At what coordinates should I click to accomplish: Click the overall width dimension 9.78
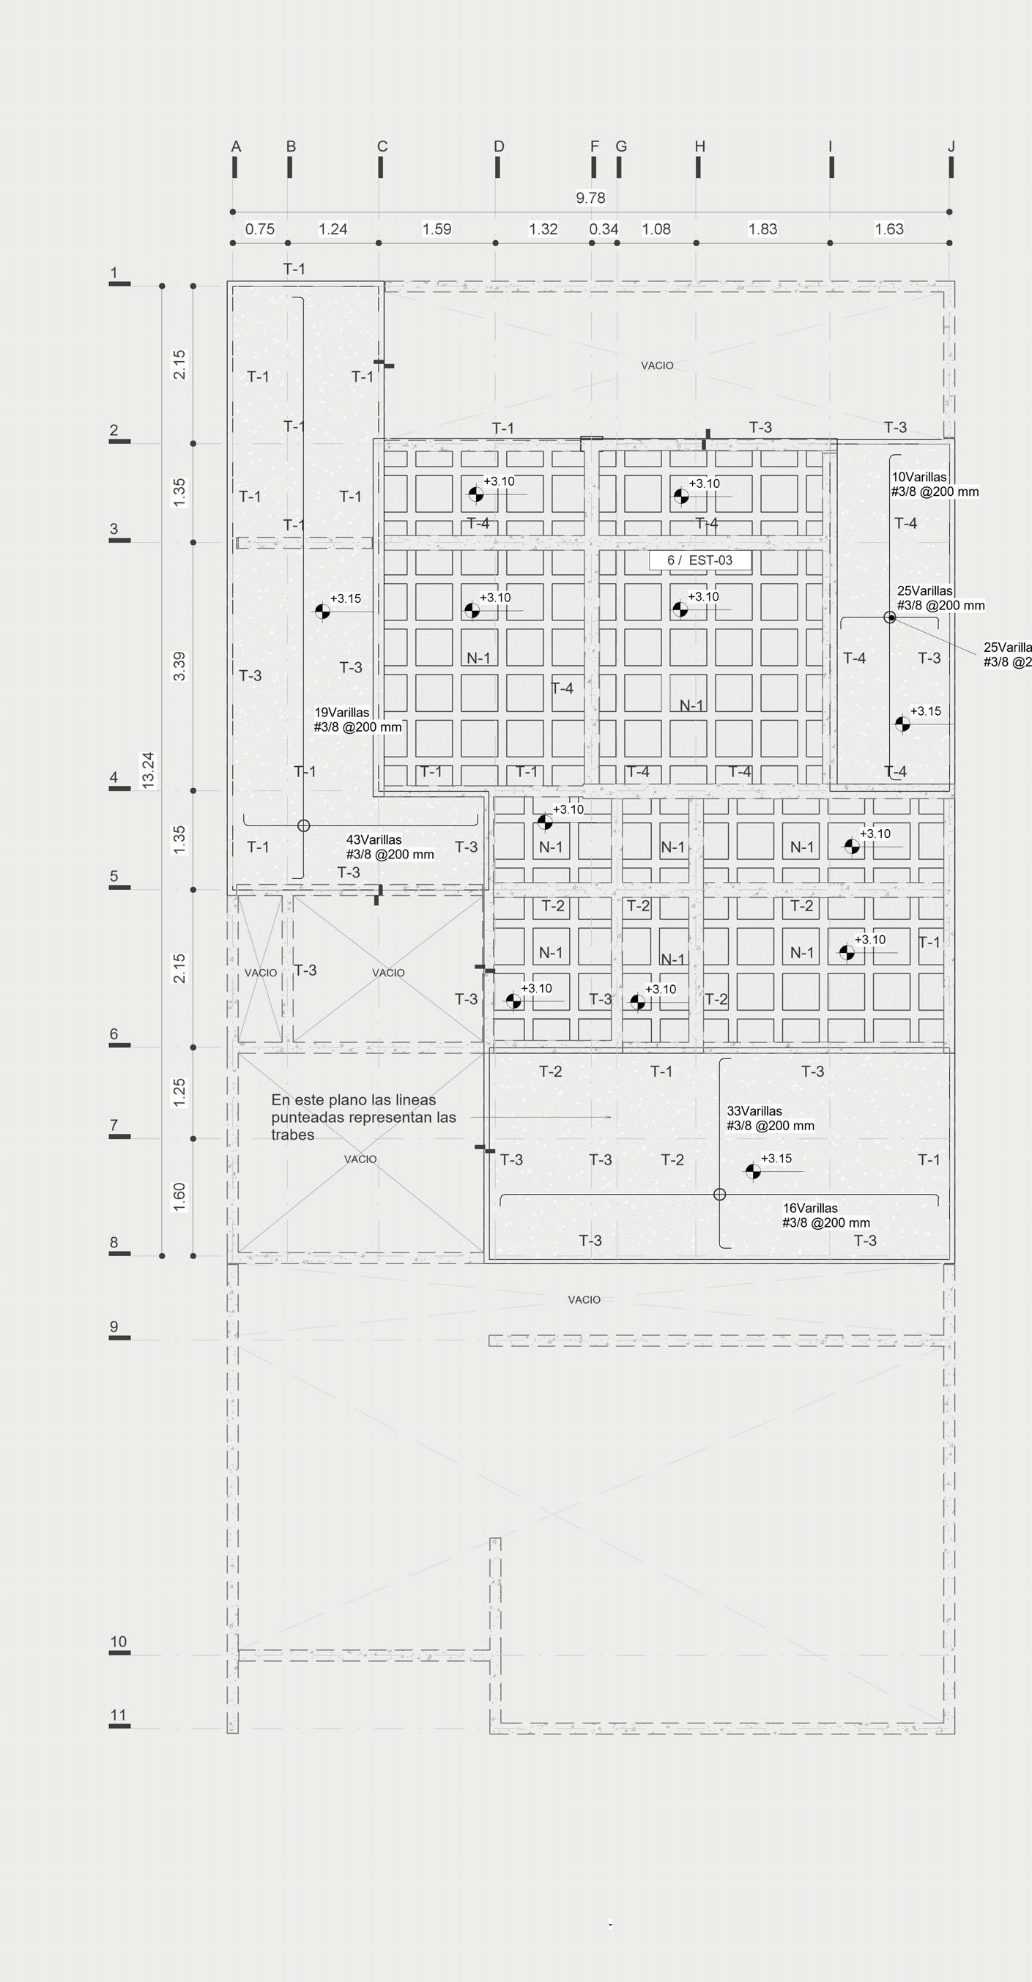click(590, 198)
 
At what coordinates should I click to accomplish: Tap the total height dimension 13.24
click(149, 769)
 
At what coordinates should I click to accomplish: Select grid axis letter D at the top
click(499, 146)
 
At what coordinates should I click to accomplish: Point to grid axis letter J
click(951, 146)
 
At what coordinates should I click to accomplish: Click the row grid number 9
click(114, 1326)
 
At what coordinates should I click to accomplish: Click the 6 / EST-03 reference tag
click(699, 560)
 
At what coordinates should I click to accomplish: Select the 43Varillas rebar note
click(390, 847)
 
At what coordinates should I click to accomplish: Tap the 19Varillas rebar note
click(357, 719)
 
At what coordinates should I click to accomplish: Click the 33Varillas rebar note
click(770, 1118)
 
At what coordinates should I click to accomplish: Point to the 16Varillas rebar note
click(825, 1215)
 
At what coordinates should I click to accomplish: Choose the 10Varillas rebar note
click(935, 484)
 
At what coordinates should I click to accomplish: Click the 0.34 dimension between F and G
click(604, 229)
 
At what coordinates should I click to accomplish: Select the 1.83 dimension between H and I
click(762, 229)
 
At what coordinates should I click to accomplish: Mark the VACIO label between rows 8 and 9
click(584, 1299)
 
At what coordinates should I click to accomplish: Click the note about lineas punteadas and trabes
click(363, 1117)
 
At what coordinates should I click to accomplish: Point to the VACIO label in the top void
click(657, 365)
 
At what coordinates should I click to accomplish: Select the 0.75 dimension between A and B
click(260, 229)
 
